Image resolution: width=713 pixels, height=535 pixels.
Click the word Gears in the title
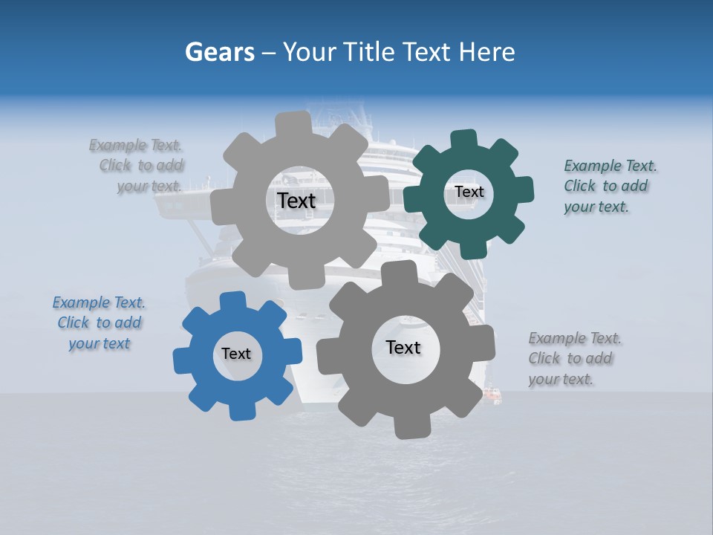[x=219, y=52]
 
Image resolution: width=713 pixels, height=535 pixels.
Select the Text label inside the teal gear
[x=469, y=192]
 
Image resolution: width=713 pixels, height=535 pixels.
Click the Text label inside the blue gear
[x=236, y=354]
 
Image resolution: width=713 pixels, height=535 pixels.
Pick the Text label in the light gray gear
[x=296, y=201]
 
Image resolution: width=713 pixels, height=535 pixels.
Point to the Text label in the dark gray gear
[x=403, y=347]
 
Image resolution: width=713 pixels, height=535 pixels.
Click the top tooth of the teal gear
[x=463, y=140]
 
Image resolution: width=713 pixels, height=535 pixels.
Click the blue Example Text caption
[x=99, y=323]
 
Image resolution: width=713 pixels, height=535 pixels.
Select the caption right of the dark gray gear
[x=572, y=359]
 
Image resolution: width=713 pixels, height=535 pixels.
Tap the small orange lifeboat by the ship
[x=492, y=394]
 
